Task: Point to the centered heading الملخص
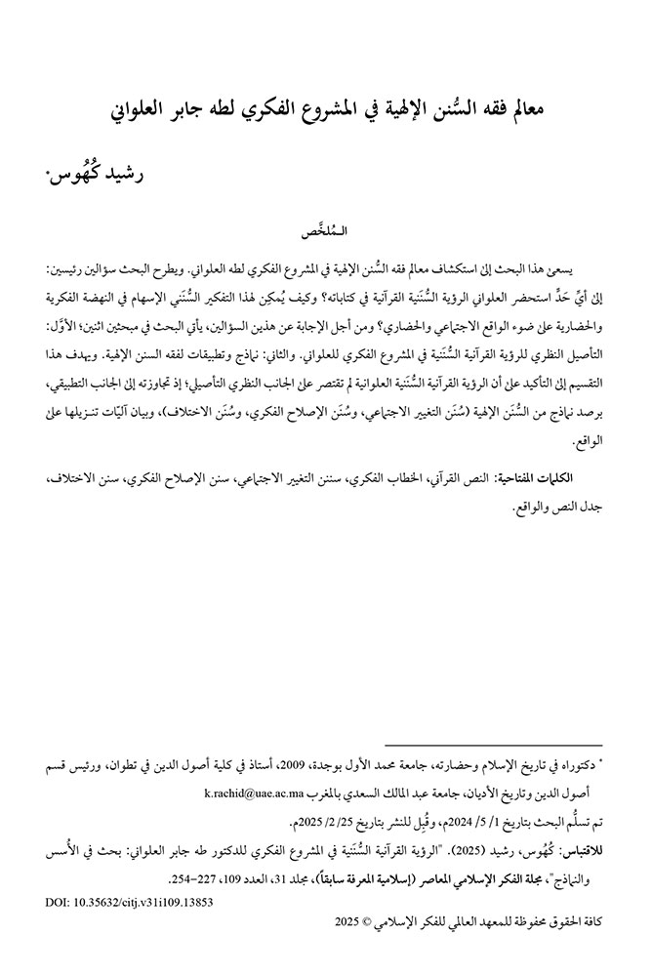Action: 327,234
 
